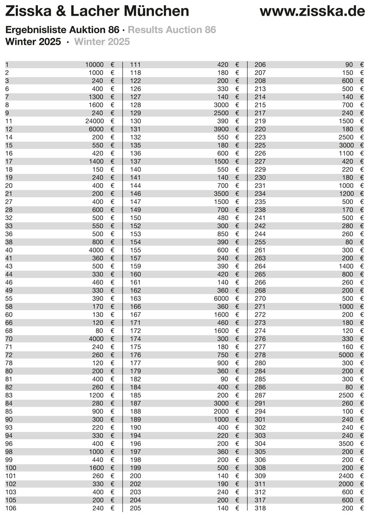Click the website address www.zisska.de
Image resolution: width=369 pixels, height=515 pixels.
pyautogui.click(x=312, y=11)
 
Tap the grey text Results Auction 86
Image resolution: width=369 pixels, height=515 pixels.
pyautogui.click(x=172, y=30)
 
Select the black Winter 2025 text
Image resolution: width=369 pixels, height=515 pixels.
pyautogui.click(x=33, y=42)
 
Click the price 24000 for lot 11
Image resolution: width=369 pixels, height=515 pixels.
pyautogui.click(x=94, y=121)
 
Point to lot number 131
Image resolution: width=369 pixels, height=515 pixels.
pyautogui.click(x=136, y=129)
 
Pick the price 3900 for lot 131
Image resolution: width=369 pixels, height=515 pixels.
pyautogui.click(x=221, y=129)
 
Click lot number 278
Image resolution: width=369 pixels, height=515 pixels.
pyautogui.click(x=260, y=355)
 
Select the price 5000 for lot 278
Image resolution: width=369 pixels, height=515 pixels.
pyautogui.click(x=345, y=355)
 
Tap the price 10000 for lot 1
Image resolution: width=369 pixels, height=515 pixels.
pyautogui.click(x=94, y=65)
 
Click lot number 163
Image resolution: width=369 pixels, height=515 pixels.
pyautogui.click(x=136, y=299)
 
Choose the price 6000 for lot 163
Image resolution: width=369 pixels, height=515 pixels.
pyautogui.click(x=221, y=299)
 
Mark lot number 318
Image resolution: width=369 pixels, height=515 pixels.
pyautogui.click(x=260, y=509)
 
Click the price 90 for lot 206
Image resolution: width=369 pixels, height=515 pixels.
pyautogui.click(x=349, y=65)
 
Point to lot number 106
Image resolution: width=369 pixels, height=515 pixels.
pyautogui.click(x=11, y=509)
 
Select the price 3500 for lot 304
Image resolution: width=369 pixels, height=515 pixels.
pyautogui.click(x=345, y=444)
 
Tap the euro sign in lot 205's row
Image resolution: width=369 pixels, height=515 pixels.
pyautogui.click(x=237, y=509)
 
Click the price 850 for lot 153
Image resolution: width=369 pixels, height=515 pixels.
pyautogui.click(x=223, y=234)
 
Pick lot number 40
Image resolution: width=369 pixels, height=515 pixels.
pyautogui.click(x=9, y=250)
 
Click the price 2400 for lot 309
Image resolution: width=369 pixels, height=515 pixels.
pyautogui.click(x=345, y=476)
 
